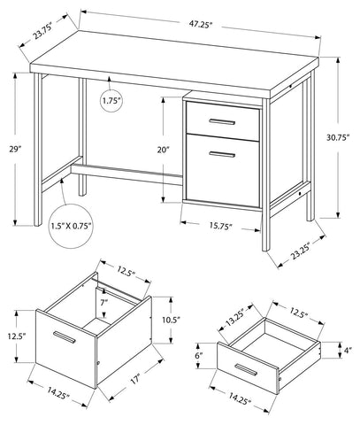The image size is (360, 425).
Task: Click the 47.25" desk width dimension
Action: [201, 25]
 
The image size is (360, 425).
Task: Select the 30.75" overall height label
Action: [338, 137]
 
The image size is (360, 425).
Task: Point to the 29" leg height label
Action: [15, 150]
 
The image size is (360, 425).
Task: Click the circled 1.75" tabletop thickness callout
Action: [111, 101]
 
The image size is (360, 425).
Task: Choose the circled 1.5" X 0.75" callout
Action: [71, 226]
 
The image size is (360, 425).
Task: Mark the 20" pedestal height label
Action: [163, 150]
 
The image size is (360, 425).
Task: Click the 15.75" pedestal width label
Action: [221, 226]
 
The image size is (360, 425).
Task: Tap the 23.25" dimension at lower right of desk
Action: [301, 251]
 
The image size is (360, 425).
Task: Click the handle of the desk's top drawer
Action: [222, 121]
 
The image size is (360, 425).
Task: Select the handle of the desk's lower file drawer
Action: [222, 154]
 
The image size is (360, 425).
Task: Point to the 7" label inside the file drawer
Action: [104, 302]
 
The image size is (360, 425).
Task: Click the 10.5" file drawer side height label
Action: [170, 320]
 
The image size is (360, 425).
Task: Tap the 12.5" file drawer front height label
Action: [17, 336]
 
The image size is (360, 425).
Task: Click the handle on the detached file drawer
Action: [65, 337]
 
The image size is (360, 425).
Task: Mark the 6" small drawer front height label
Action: [200, 356]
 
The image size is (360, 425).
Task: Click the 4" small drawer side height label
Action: [348, 351]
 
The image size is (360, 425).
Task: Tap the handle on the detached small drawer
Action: [246, 370]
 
